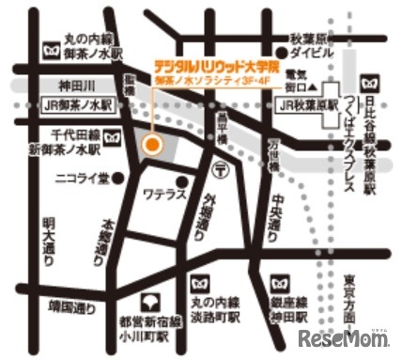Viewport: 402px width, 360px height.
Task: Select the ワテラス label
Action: [x=160, y=197]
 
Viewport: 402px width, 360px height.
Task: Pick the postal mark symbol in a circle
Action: [x=219, y=169]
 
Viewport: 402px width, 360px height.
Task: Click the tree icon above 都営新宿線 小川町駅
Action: [x=147, y=303]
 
